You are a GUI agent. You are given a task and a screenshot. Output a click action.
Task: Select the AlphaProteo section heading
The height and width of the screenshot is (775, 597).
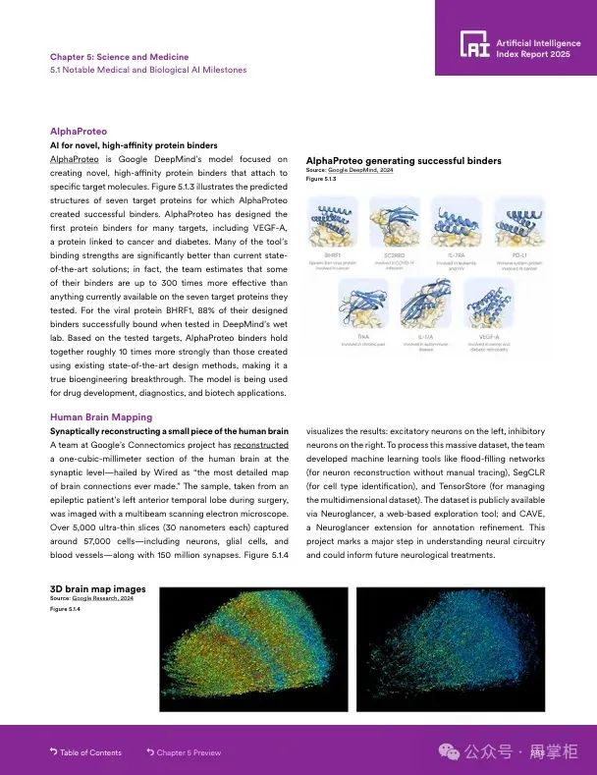79,131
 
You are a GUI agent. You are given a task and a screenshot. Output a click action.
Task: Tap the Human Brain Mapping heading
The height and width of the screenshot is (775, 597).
101,417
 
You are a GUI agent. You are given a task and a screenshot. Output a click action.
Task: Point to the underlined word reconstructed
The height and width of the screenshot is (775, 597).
260,445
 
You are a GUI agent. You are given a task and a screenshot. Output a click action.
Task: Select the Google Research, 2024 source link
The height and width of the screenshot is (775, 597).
102,598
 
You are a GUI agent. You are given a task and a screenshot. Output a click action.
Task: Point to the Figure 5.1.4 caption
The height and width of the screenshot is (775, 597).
65,609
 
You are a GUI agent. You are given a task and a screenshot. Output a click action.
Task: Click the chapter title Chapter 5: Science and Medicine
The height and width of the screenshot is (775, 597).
119,57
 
